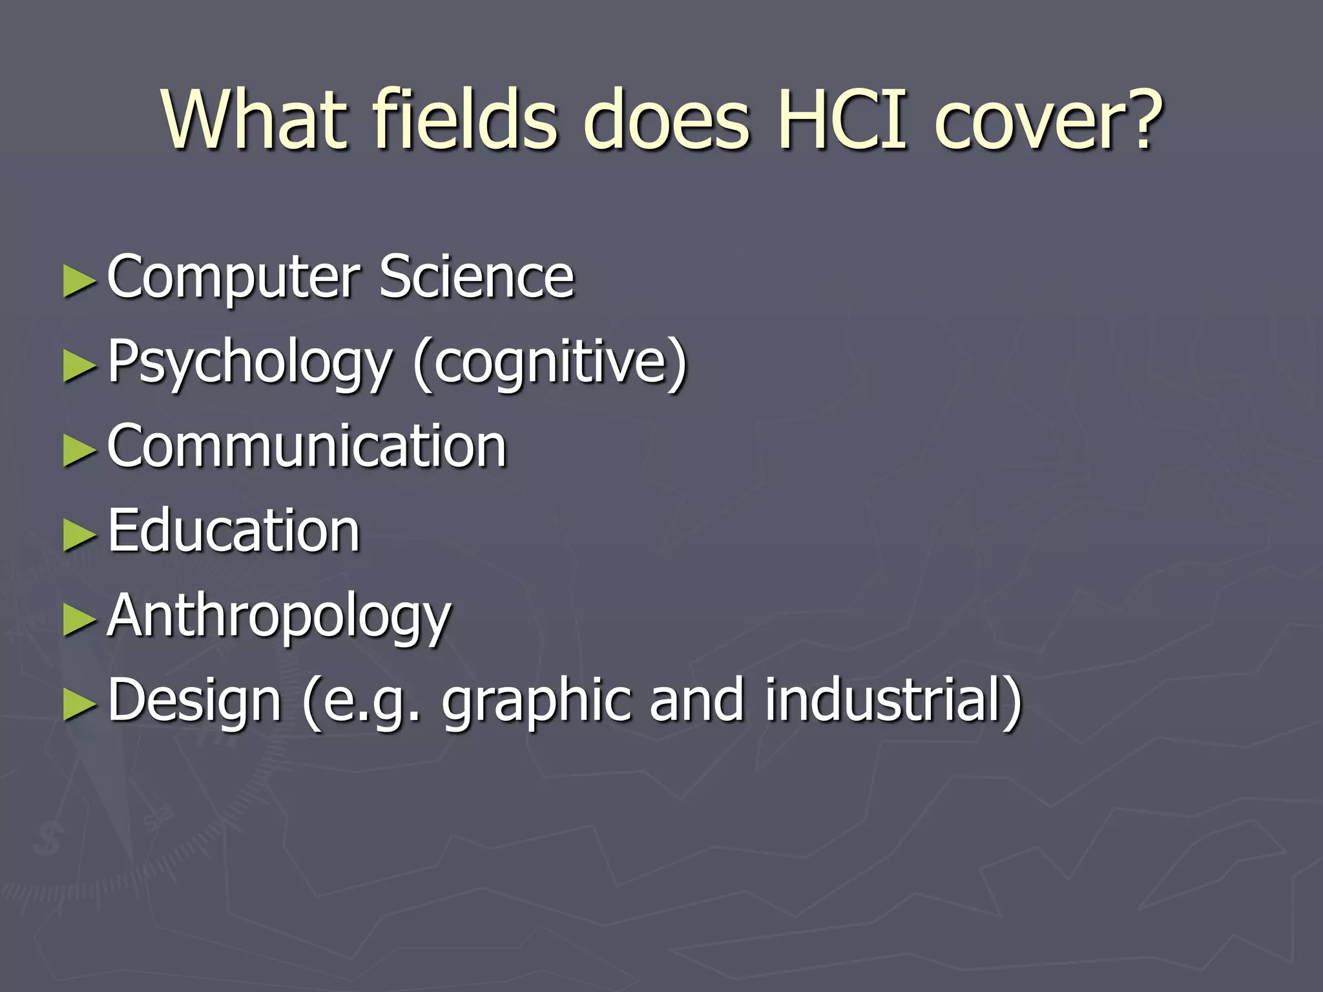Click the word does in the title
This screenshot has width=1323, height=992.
coord(666,120)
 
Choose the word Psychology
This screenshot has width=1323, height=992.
coord(249,363)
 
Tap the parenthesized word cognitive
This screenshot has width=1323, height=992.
coord(550,363)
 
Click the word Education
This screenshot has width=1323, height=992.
coord(233,530)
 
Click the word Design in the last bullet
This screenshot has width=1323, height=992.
coord(194,701)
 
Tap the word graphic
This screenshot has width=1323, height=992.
coord(536,701)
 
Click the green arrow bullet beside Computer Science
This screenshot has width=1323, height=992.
coord(79,282)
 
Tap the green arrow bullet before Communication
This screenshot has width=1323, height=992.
coord(79,450)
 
